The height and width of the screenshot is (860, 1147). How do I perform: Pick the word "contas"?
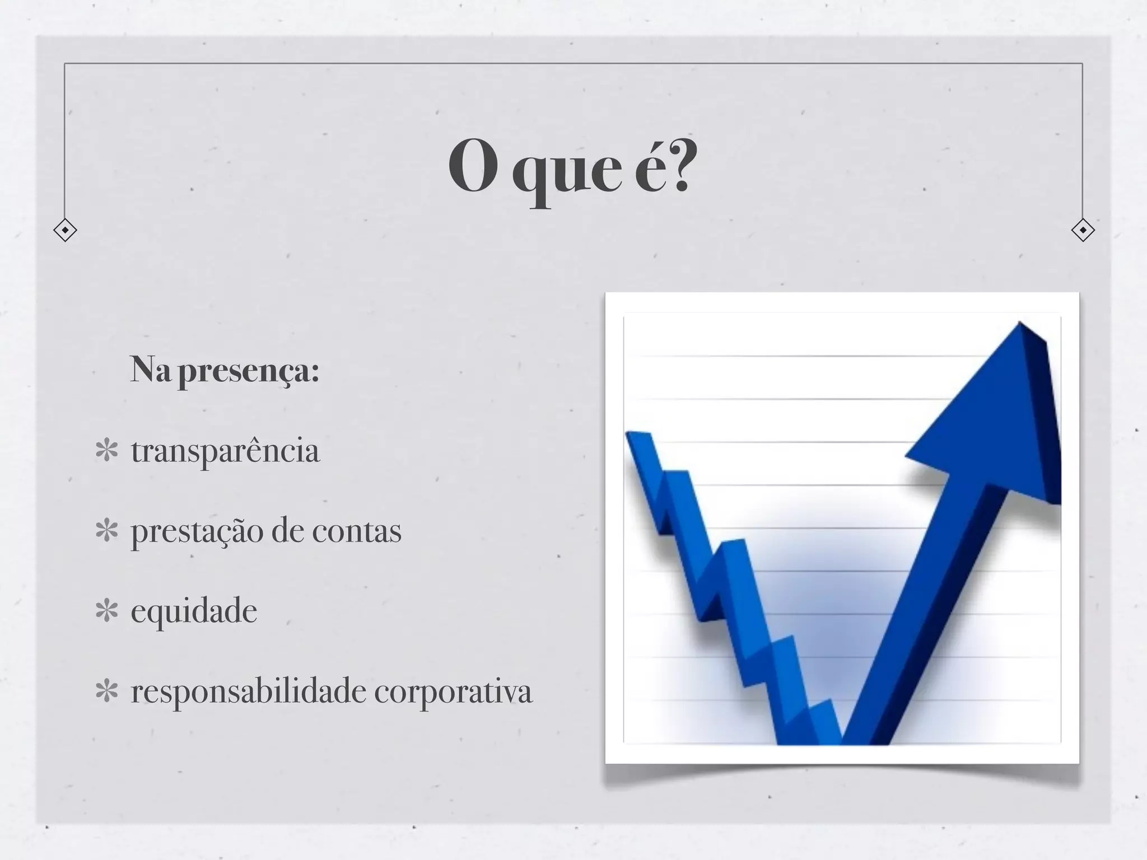pos(356,531)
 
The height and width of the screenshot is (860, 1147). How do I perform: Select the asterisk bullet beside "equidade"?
pos(106,611)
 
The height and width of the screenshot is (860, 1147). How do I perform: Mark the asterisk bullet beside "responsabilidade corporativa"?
pos(106,691)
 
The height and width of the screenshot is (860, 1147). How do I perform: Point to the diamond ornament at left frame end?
pos(65,230)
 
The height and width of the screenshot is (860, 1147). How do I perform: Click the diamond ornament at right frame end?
pos(1082,230)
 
